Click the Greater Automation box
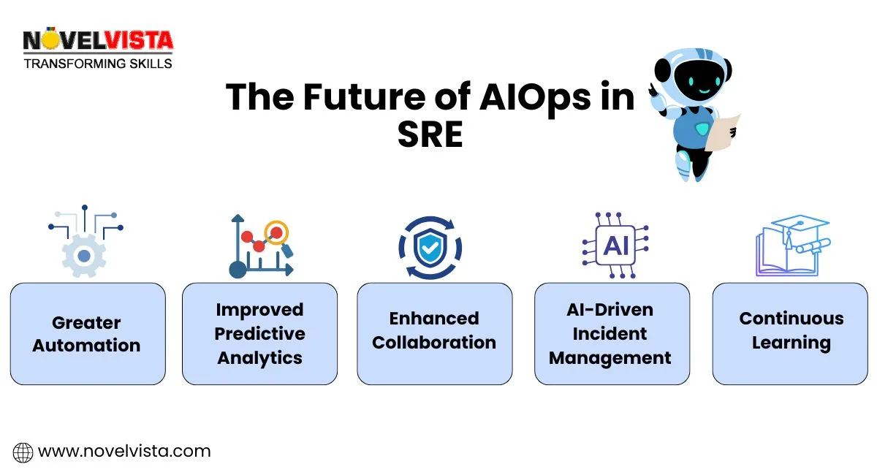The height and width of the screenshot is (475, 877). click(x=88, y=334)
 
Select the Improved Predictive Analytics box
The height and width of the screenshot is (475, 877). click(x=259, y=334)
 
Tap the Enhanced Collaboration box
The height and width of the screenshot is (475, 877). click(x=434, y=334)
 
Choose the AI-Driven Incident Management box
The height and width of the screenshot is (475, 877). click(x=612, y=334)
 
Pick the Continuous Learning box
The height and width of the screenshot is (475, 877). click(x=791, y=334)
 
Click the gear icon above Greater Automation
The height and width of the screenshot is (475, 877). click(x=84, y=255)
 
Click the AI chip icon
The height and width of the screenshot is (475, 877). click(x=615, y=246)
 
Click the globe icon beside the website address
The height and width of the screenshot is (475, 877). click(x=23, y=452)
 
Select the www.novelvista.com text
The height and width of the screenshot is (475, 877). click(x=124, y=452)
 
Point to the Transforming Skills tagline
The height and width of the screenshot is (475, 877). click(x=98, y=64)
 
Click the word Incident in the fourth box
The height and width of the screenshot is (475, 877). click(x=610, y=334)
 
